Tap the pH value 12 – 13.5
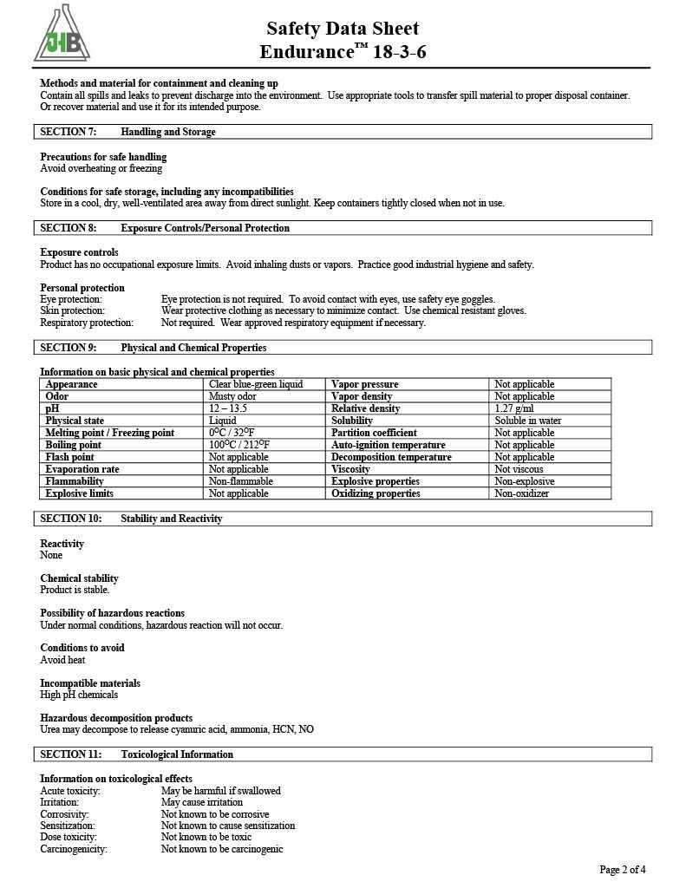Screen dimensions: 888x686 click(228, 408)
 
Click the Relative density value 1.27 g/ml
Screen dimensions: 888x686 click(514, 408)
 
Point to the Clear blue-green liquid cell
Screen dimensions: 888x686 click(256, 384)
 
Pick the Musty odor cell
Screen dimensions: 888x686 click(232, 396)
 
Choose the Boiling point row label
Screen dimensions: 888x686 click(74, 445)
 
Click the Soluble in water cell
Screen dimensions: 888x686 click(528, 421)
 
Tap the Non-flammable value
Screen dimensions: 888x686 click(241, 481)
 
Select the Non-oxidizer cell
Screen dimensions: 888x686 click(521, 493)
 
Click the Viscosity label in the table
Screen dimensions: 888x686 click(350, 469)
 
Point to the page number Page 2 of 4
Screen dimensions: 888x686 click(623, 869)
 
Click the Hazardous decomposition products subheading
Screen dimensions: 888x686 click(116, 718)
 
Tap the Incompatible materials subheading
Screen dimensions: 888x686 click(90, 683)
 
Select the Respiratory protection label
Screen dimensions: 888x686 click(87, 323)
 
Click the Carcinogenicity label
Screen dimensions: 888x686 click(74, 849)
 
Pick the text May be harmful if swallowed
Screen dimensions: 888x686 click(221, 791)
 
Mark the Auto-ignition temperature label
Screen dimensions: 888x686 click(388, 445)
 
